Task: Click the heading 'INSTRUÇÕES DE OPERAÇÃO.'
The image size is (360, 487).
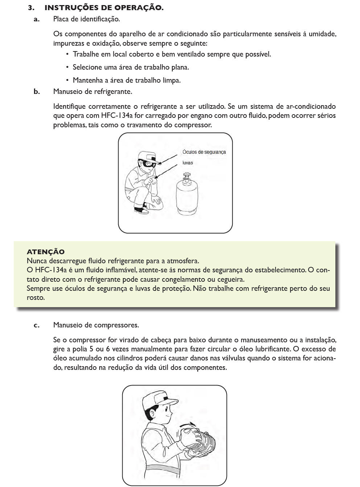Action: (x=104, y=8)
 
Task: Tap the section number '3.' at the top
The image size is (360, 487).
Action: (x=31, y=8)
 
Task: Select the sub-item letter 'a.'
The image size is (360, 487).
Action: (x=37, y=19)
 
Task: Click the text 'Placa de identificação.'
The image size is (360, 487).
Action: (x=86, y=19)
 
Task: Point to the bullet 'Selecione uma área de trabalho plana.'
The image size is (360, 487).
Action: (x=131, y=67)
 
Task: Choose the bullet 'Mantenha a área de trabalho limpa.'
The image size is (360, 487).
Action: (x=127, y=81)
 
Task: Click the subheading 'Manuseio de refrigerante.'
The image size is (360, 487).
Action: (x=92, y=92)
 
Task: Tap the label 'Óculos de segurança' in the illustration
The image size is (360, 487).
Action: (x=204, y=152)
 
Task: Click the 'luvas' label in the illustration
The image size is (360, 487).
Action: (x=187, y=163)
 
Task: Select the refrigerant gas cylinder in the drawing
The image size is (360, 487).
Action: (x=187, y=196)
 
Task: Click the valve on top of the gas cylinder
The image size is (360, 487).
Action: (x=187, y=177)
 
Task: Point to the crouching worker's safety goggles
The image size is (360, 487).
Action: (x=149, y=163)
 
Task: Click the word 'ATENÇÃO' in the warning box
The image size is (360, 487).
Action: (x=46, y=252)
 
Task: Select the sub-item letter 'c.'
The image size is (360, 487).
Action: (x=37, y=325)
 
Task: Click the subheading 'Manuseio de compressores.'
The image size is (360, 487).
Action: (x=96, y=325)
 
